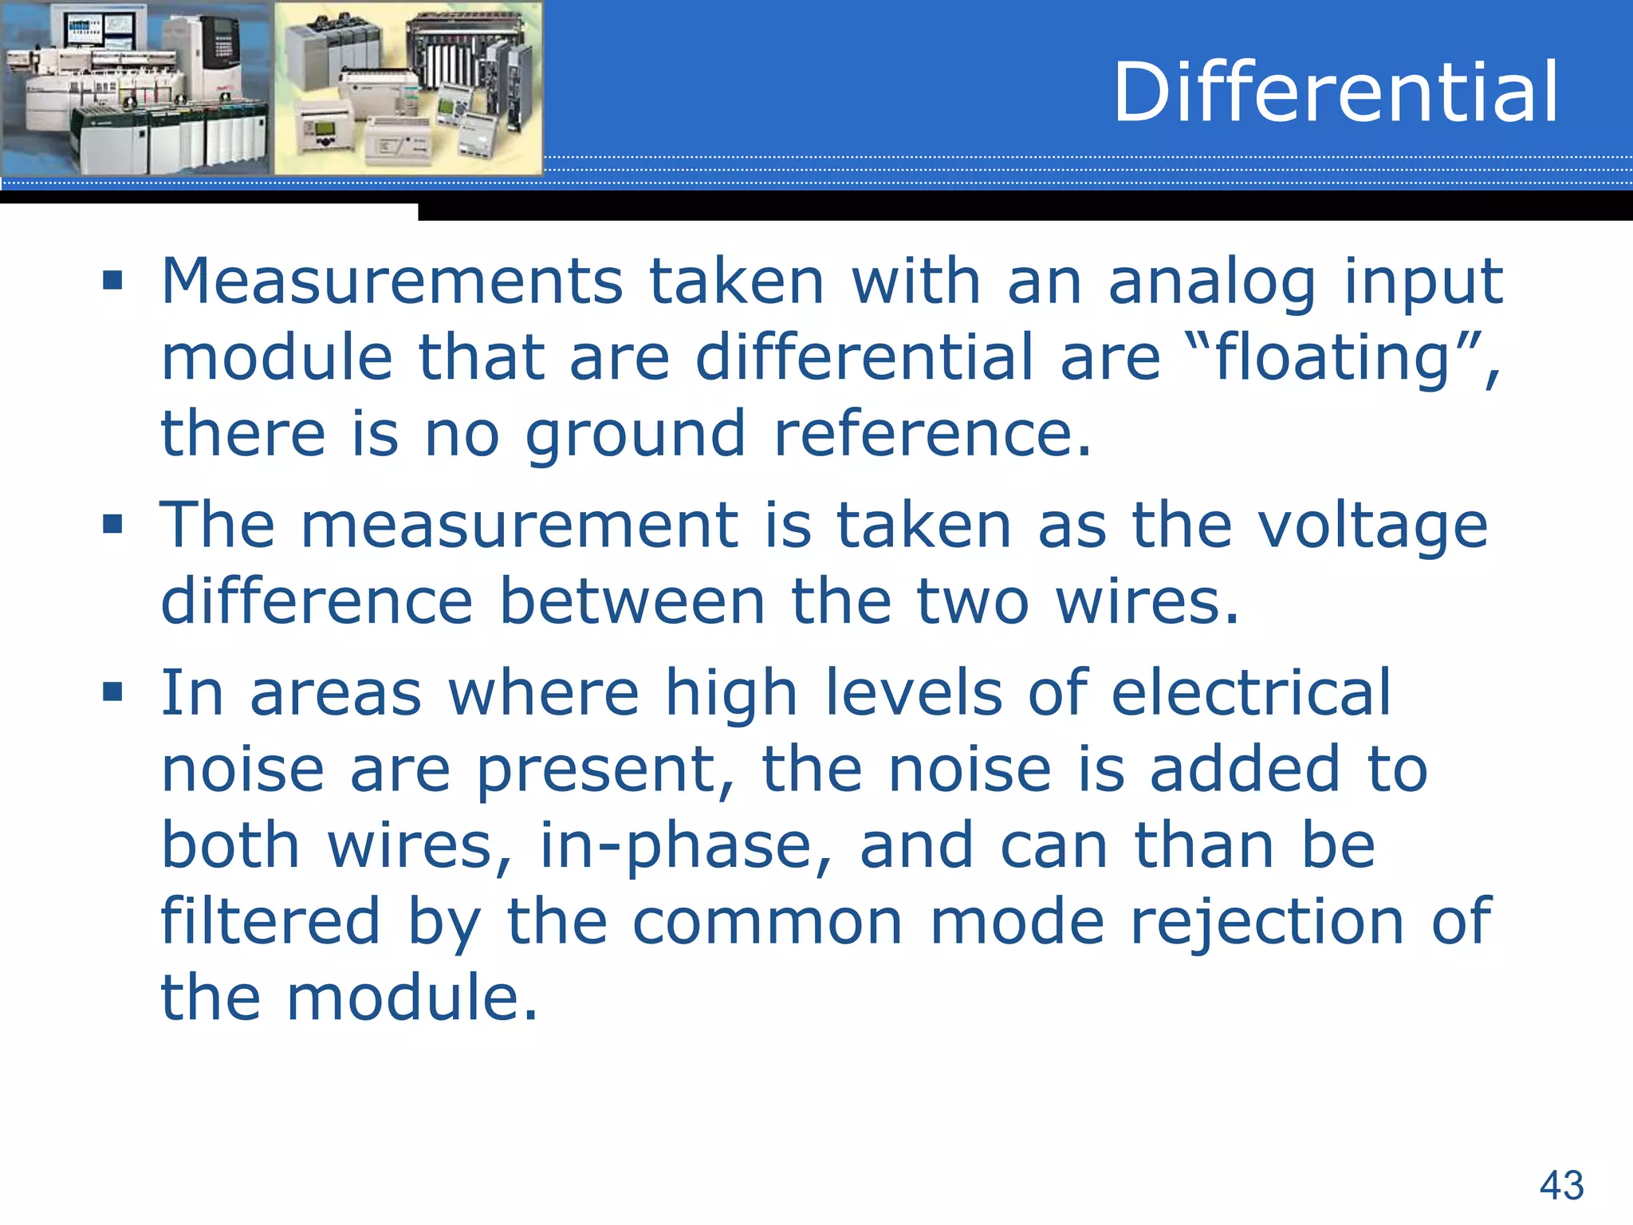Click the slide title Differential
coord(1335,93)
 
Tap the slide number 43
coord(1561,1185)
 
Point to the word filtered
coord(270,922)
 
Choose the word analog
coord(1212,282)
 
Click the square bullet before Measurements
coord(112,281)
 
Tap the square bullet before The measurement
coord(112,525)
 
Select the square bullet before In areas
coord(112,692)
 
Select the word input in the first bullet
coord(1424,282)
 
